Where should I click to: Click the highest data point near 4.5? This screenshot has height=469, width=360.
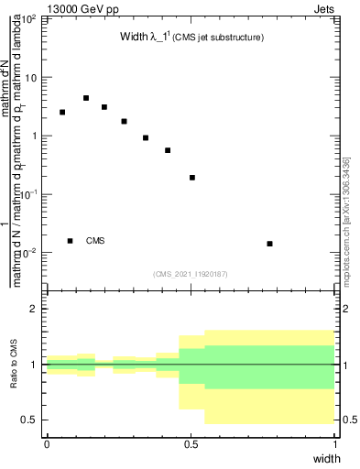coord(86,98)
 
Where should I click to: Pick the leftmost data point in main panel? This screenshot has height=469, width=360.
coord(62,113)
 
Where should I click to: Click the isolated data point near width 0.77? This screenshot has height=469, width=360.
coord(269,244)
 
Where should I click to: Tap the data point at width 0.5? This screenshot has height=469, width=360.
coord(192,178)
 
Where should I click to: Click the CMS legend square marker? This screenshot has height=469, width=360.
coord(71,241)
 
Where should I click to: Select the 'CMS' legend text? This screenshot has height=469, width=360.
coord(95,241)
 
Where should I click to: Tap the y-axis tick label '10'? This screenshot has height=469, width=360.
coord(31,78)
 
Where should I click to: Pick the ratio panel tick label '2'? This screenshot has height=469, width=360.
coord(37,309)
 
